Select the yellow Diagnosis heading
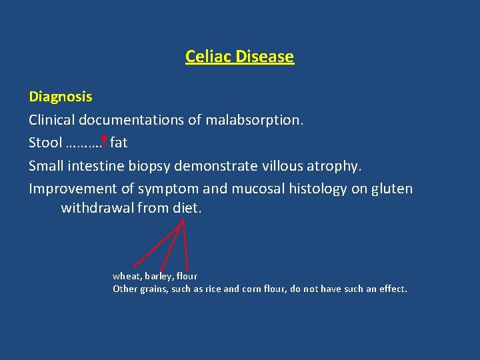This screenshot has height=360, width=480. click(61, 97)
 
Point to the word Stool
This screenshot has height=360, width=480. click(45, 143)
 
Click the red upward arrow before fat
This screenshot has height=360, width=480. click(105, 141)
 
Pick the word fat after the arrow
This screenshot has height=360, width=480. click(119, 143)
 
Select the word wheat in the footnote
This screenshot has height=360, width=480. click(125, 276)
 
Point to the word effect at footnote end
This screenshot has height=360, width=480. click(393, 289)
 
